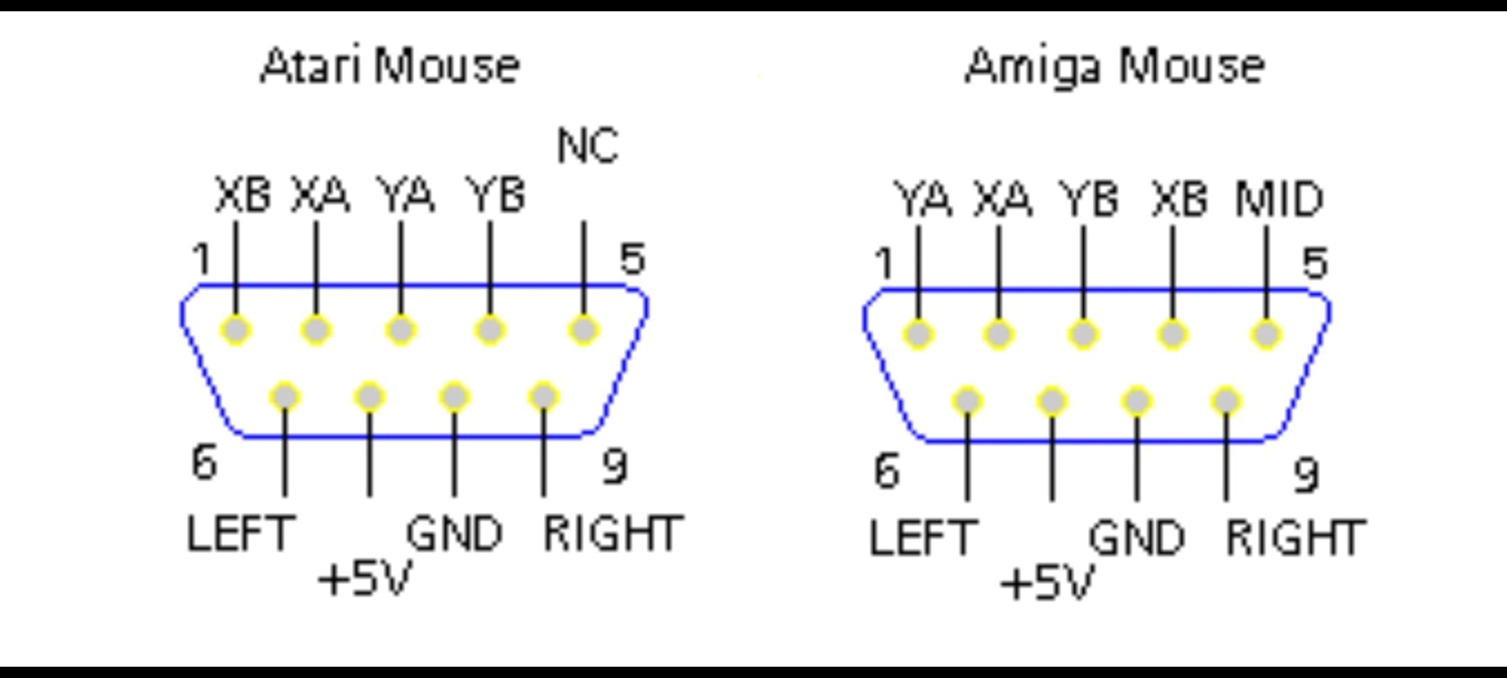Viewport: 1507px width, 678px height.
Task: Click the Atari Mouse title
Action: [390, 66]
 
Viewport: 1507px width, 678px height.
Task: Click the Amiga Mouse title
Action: [1115, 66]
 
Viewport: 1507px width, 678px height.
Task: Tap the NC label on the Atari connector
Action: [588, 146]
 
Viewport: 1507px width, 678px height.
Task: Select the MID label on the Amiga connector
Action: [1279, 200]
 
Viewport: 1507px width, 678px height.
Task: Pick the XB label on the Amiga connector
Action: [1179, 200]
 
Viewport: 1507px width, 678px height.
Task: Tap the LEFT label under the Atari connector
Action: [240, 534]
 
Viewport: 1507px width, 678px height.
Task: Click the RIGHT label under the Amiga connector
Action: [1295, 538]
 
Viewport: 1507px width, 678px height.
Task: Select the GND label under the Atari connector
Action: [455, 534]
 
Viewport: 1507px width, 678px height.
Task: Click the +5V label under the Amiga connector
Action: [1047, 583]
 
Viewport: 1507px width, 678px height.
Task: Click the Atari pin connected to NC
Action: [583, 330]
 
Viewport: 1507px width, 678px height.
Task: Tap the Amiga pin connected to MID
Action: [1266, 335]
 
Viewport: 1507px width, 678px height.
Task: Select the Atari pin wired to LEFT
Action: [285, 397]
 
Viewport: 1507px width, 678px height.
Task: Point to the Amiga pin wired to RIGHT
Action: [1226, 401]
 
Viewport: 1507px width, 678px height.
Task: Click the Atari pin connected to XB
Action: [236, 330]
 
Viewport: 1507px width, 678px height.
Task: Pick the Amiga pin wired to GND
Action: [1137, 401]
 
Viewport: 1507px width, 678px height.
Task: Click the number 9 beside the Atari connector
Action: [614, 466]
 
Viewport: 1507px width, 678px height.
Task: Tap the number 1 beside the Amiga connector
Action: [884, 264]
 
